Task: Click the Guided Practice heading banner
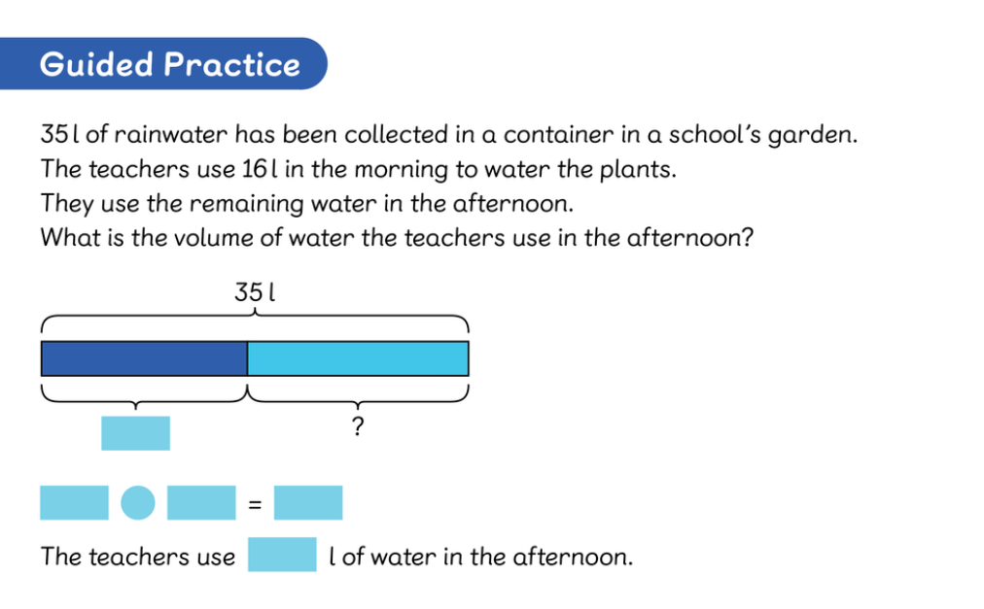163,63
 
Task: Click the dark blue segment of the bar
144,358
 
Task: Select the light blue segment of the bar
358,358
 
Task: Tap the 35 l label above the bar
255,292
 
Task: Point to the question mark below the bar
358,426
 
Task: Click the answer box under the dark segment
135,433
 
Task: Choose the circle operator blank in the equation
138,502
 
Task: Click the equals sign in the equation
255,504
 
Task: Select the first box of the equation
74,502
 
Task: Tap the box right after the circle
201,502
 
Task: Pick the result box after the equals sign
308,502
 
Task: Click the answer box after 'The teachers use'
282,555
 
